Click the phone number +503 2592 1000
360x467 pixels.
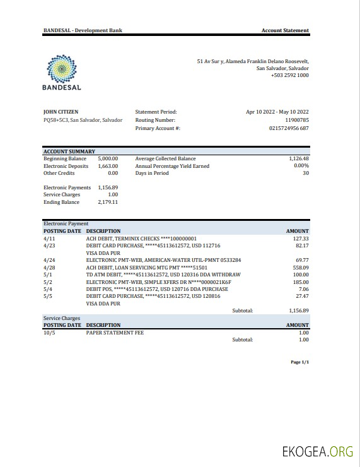coord(289,75)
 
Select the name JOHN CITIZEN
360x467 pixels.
coord(61,112)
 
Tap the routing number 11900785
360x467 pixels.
coord(296,120)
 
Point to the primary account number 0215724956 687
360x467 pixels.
coord(289,128)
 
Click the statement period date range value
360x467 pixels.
coord(277,112)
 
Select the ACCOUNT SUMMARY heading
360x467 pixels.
coord(69,151)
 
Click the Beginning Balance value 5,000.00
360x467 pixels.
coord(108,158)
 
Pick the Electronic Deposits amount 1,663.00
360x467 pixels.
coord(108,166)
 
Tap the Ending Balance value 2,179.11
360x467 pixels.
coord(108,202)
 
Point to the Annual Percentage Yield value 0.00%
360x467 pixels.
coord(301,166)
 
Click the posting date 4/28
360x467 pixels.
coord(49,267)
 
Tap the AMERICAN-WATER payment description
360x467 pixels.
coord(163,260)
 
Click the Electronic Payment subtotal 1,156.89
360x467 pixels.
coord(298,310)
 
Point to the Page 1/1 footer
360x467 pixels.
coord(299,362)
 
